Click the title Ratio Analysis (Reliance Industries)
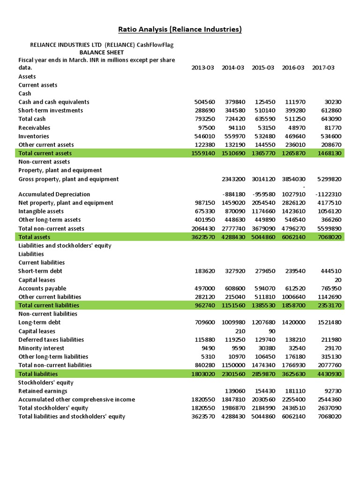point(180,30)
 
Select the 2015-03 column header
point(262,67)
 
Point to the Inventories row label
point(34,136)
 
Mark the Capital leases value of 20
point(337,280)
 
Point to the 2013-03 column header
point(202,67)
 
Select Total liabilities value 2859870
point(262,374)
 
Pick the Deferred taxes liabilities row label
point(51,339)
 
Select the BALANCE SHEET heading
point(101,52)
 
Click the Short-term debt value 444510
point(329,271)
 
